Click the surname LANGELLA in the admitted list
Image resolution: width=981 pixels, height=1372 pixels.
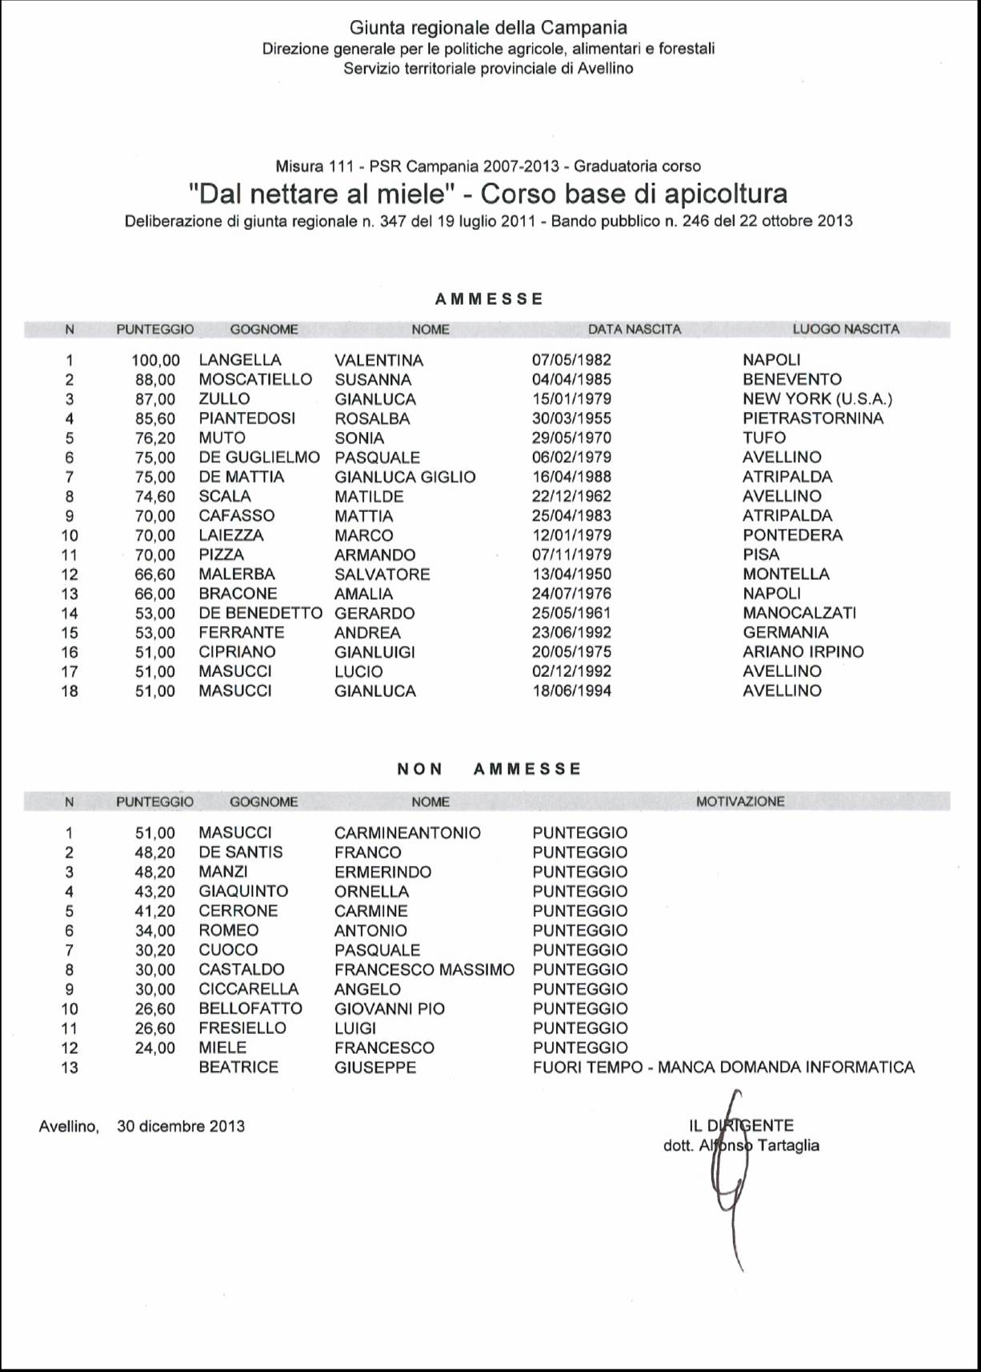pos(240,360)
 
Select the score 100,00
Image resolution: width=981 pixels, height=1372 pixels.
pos(155,360)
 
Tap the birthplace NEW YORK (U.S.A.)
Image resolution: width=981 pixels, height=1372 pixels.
pos(817,398)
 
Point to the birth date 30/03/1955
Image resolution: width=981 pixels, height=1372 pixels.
pos(571,418)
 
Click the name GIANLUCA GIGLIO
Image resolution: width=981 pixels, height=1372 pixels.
pos(405,477)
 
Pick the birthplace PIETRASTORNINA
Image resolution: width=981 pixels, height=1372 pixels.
pos(813,418)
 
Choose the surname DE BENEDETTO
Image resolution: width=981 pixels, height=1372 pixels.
pos(260,613)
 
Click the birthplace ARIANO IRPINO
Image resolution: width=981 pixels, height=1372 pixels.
pos(803,652)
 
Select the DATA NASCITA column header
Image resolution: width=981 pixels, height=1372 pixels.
pos(635,329)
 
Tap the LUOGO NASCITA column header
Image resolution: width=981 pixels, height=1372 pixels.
pos(846,329)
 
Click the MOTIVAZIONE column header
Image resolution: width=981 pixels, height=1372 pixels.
pos(740,801)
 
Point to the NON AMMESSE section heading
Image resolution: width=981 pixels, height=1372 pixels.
pos(489,769)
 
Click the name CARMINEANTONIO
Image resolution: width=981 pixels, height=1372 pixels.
pos(407,833)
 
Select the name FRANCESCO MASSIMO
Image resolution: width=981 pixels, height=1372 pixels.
pos(424,970)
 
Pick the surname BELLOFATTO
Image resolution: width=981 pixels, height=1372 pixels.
pos(250,1009)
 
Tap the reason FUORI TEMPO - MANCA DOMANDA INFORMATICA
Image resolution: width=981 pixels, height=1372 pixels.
pos(723,1067)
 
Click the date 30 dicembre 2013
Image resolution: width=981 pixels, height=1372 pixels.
pos(181,1126)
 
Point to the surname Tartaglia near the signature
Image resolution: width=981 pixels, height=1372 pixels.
pos(788,1146)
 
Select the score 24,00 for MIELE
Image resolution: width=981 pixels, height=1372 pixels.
pos(154,1048)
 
